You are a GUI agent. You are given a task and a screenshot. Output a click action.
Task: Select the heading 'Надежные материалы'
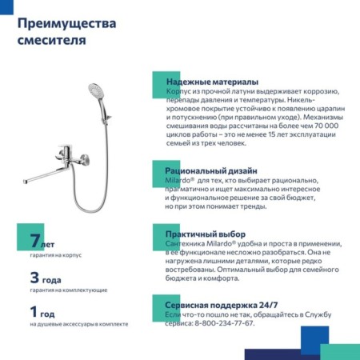click(211, 82)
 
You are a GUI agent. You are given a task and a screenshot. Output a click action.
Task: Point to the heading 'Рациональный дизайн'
click(211, 171)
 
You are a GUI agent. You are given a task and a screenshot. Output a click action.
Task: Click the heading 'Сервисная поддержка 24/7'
click(222, 305)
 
